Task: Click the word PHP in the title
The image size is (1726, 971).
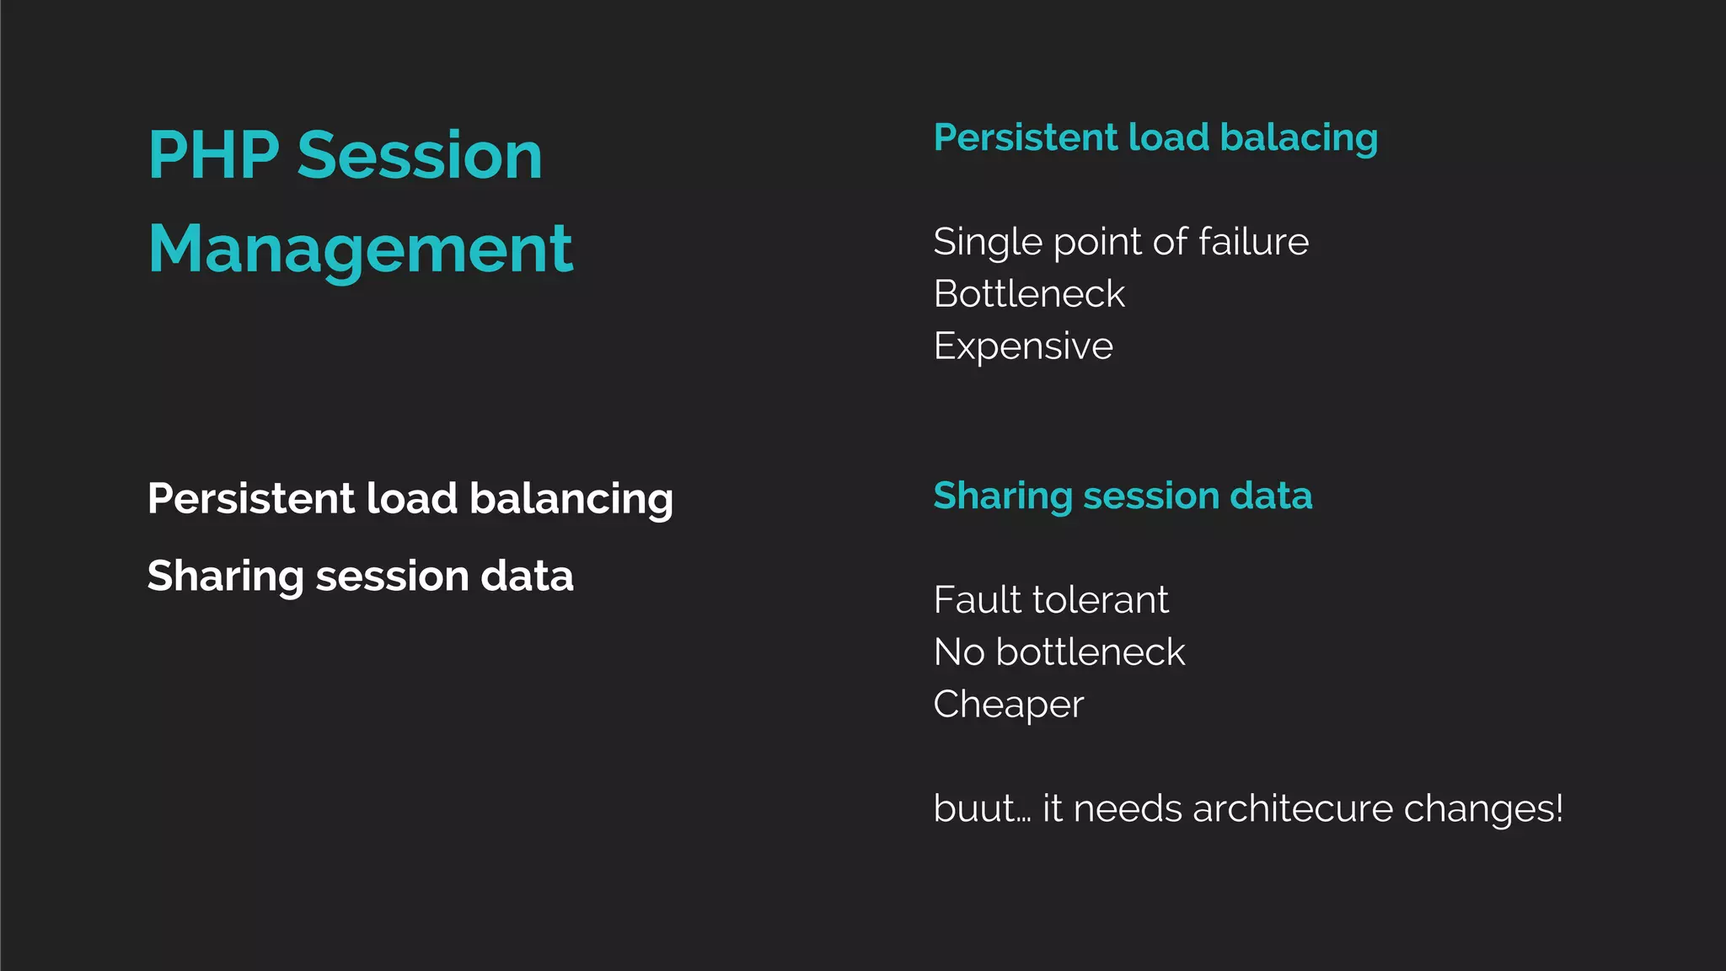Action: [213, 156]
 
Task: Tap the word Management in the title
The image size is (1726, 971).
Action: [361, 249]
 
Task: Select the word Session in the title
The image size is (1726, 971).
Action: [420, 156]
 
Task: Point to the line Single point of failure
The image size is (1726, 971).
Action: [1121, 242]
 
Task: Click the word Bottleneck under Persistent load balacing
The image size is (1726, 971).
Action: [1029, 294]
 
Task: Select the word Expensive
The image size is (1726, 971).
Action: [1023, 346]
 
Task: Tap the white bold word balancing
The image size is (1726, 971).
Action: [571, 499]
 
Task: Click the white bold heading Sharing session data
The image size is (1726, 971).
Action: [360, 577]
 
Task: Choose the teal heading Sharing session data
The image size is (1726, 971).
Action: [1123, 496]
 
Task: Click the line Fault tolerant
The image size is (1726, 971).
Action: [1051, 600]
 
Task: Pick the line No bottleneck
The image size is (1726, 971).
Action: [1059, 652]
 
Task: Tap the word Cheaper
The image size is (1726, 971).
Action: [1009, 705]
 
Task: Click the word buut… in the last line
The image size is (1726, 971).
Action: [982, 809]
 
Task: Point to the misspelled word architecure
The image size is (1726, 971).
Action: [1293, 809]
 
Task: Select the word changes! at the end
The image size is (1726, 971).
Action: [1483, 809]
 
